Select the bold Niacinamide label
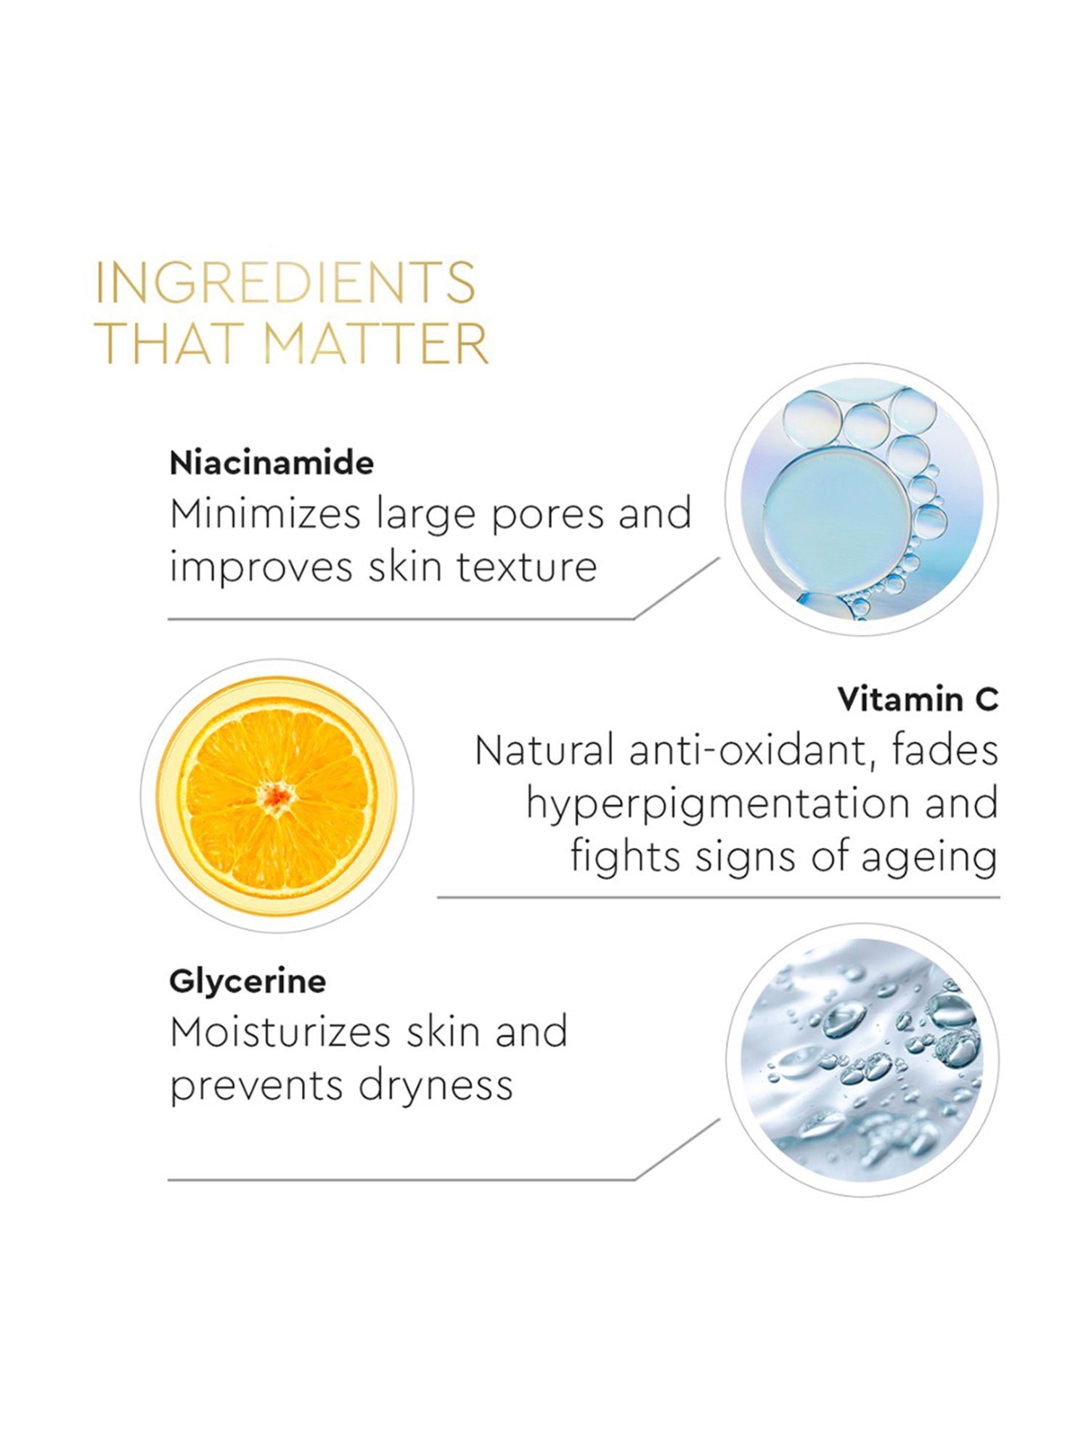(x=272, y=463)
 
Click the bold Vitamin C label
(x=918, y=699)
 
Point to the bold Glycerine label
(x=248, y=982)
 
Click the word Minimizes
(x=265, y=514)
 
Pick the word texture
(x=526, y=567)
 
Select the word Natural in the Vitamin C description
(x=544, y=750)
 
